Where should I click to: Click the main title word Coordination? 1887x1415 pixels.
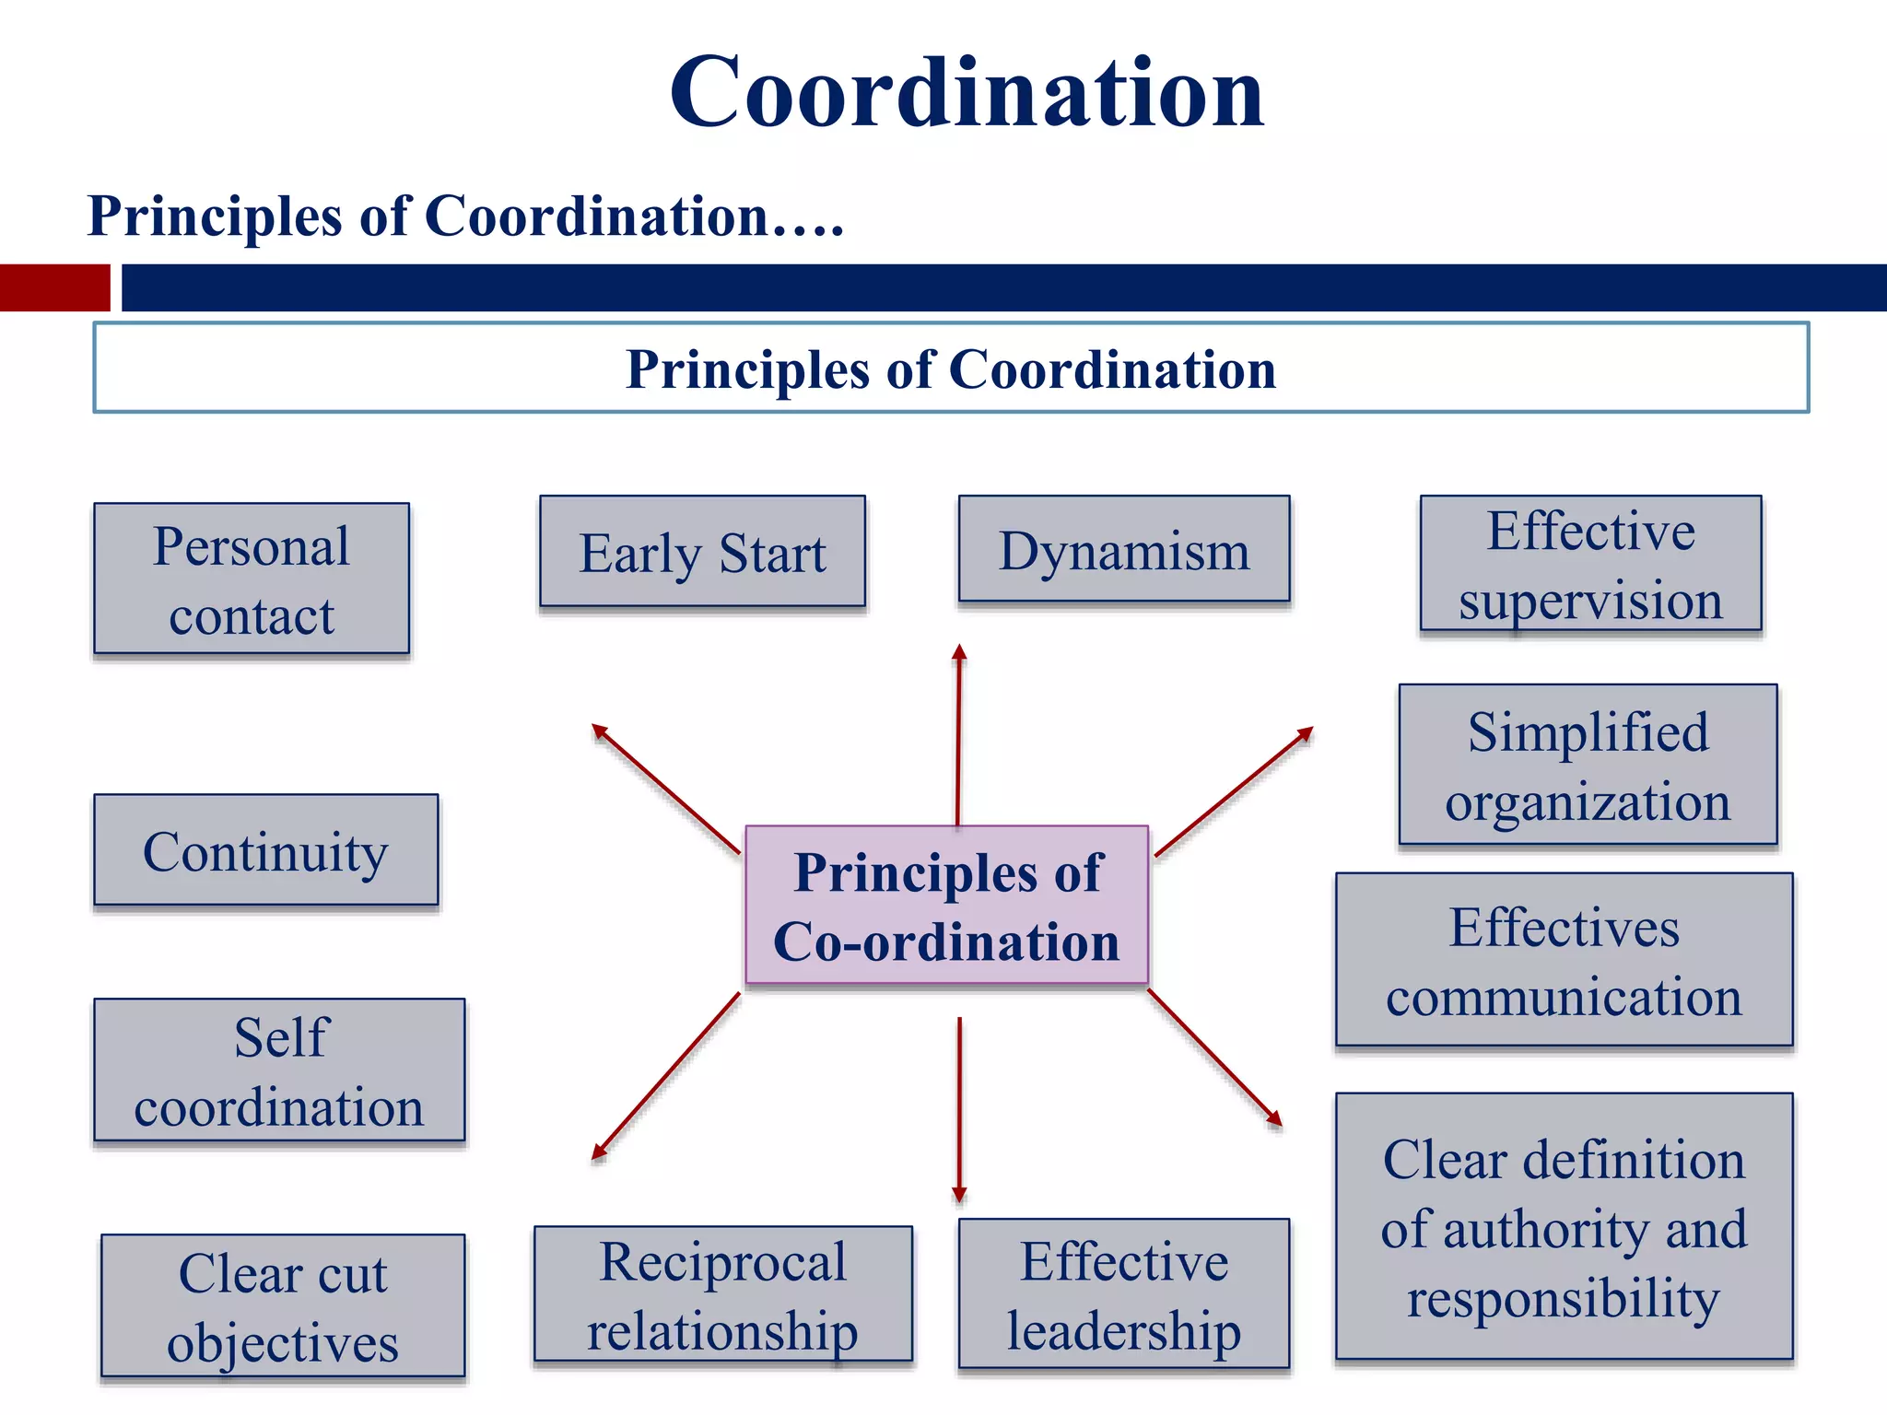[x=967, y=93]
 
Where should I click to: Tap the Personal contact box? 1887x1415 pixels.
[x=252, y=579]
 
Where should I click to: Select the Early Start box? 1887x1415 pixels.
[x=702, y=552]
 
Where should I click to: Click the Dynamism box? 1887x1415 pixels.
[x=1124, y=550]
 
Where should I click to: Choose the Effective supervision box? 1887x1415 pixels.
[x=1590, y=564]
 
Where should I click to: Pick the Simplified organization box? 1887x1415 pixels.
[x=1588, y=765]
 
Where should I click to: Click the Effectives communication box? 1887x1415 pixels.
[x=1564, y=960]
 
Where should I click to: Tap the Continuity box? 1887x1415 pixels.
[x=265, y=850]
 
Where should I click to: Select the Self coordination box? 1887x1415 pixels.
[x=279, y=1070]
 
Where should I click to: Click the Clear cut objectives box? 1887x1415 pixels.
[x=283, y=1305]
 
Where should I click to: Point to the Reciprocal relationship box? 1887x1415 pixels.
[x=723, y=1293]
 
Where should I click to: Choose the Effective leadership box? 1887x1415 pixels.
[x=1124, y=1293]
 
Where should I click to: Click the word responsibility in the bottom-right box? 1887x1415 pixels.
[x=1563, y=1298]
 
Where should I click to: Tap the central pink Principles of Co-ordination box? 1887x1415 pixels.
[x=946, y=906]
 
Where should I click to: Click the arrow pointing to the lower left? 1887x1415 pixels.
[x=666, y=1075]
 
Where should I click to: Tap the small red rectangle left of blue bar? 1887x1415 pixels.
[x=54, y=287]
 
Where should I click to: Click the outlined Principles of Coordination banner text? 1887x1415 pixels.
[x=951, y=369]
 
